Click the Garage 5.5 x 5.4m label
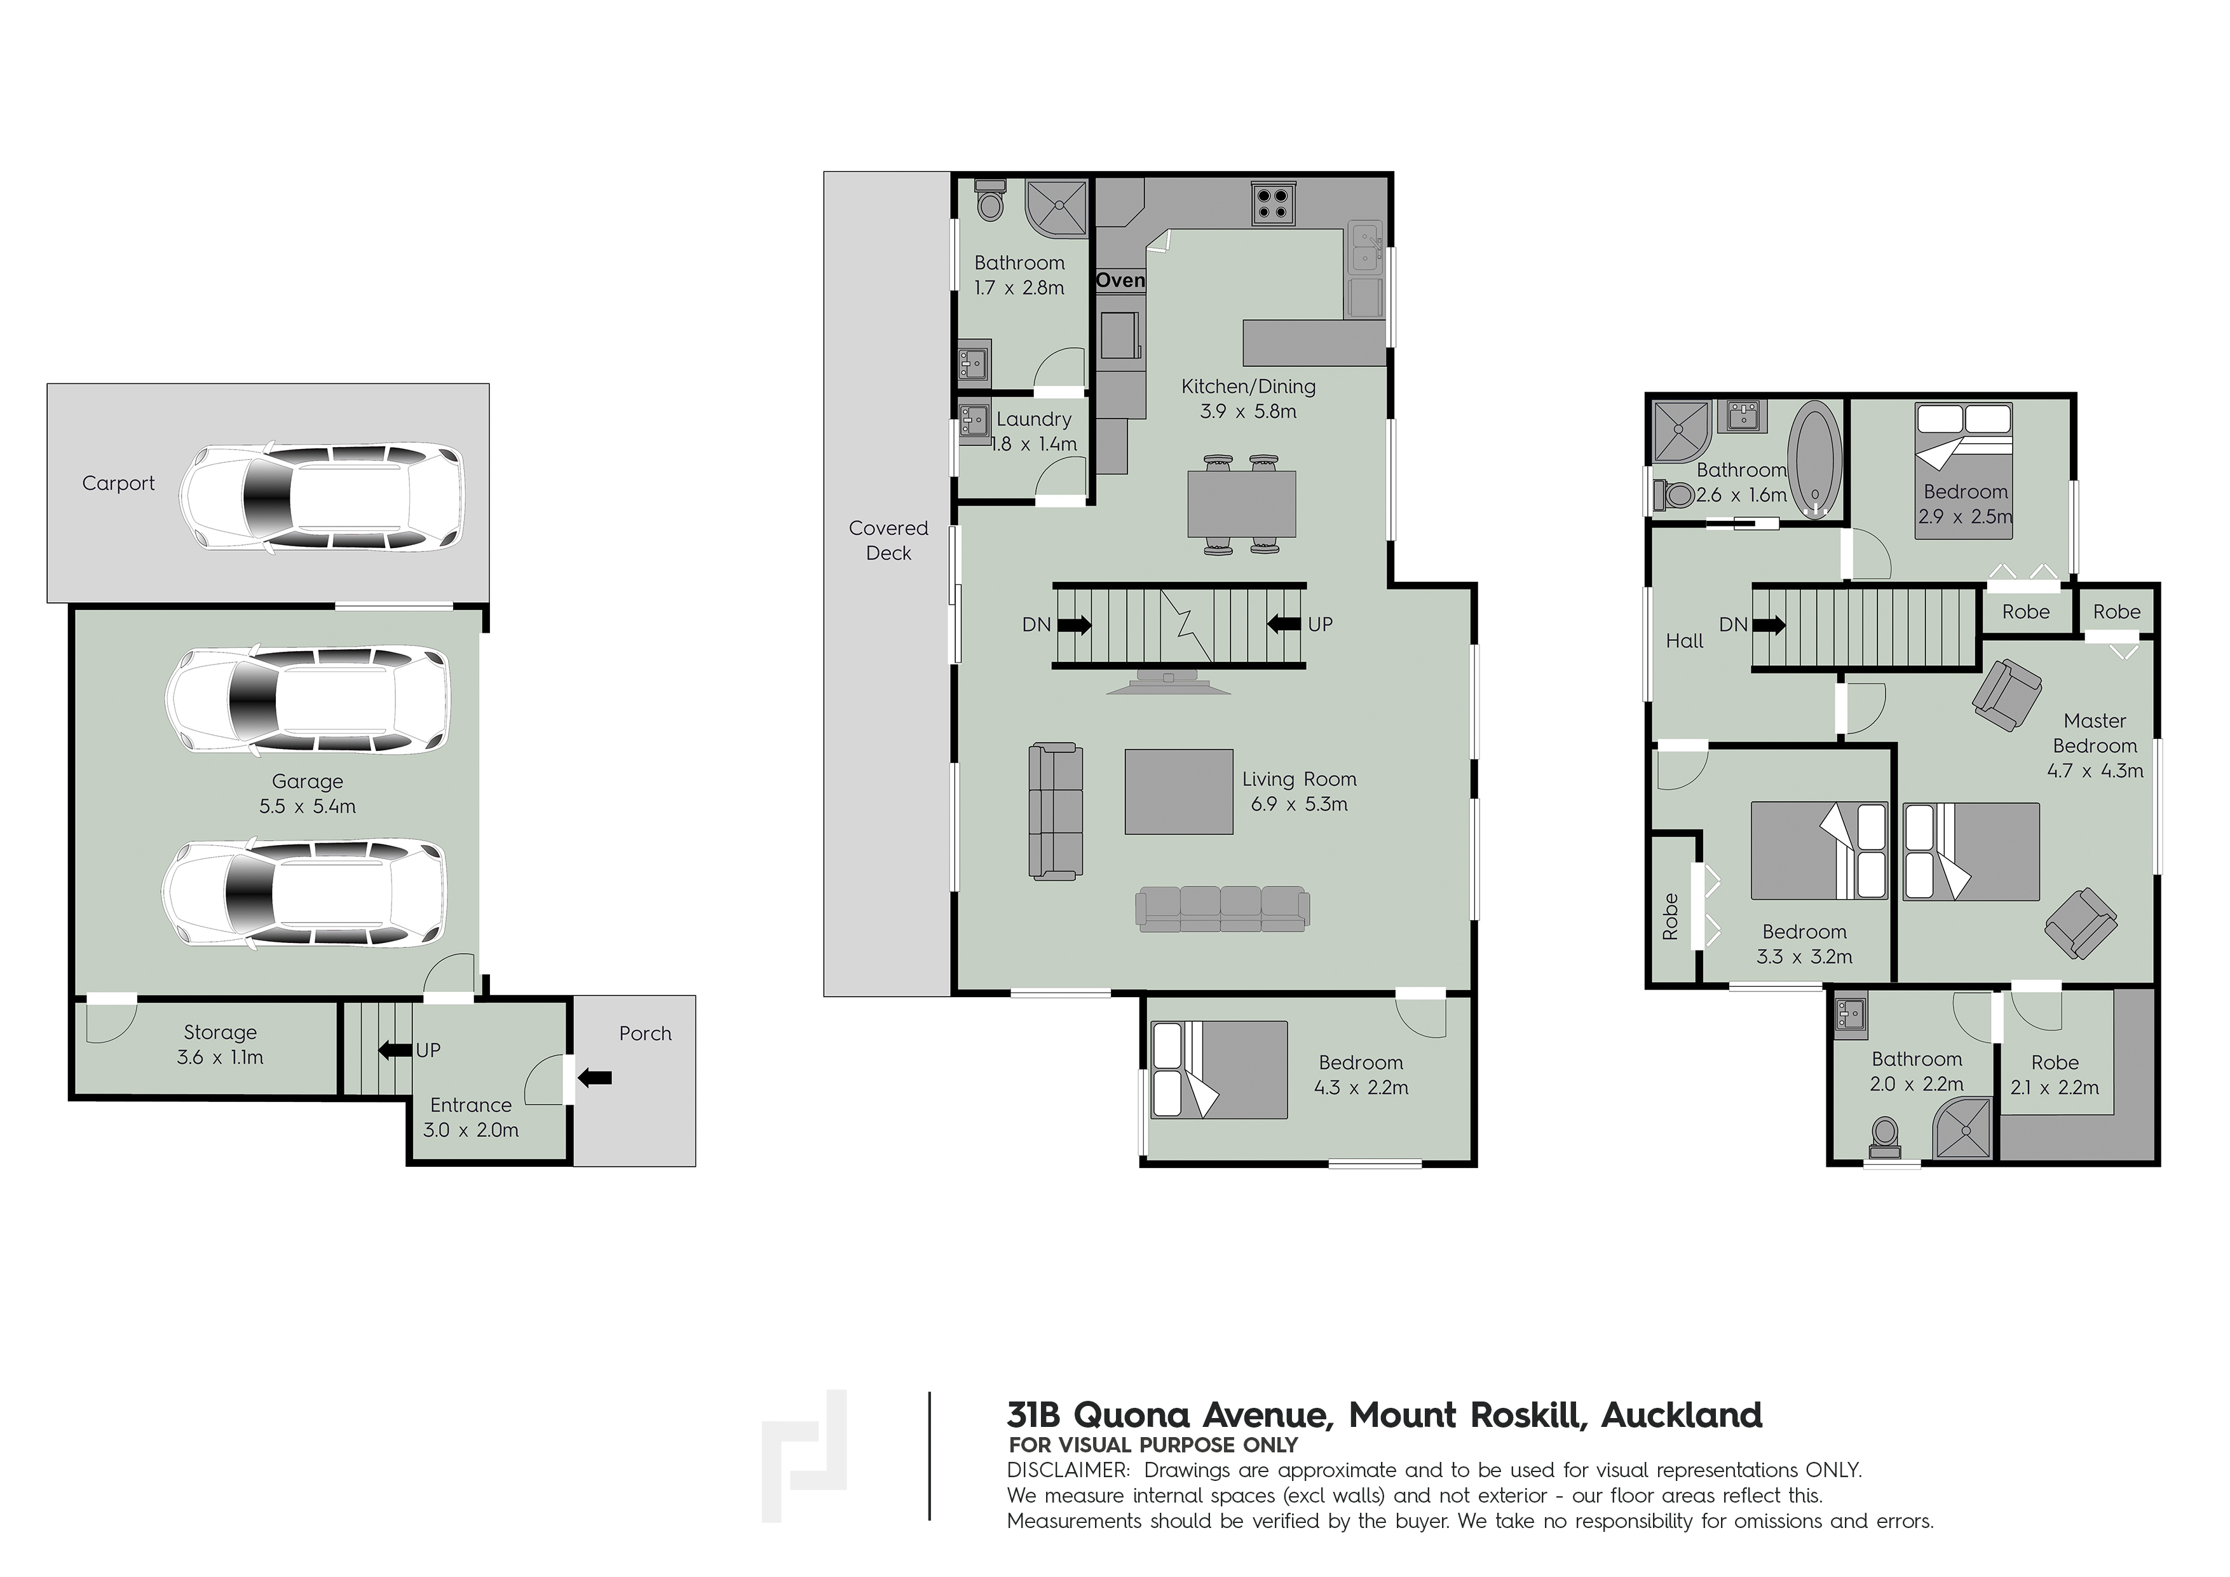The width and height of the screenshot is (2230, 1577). click(x=307, y=793)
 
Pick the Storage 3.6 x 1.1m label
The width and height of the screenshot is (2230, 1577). click(x=221, y=1045)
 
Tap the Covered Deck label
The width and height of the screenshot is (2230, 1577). click(x=888, y=541)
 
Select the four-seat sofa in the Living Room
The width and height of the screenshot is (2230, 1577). click(x=1223, y=909)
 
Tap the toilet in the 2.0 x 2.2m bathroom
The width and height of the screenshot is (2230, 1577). click(x=1885, y=1136)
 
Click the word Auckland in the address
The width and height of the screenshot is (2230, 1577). click(x=1682, y=1415)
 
